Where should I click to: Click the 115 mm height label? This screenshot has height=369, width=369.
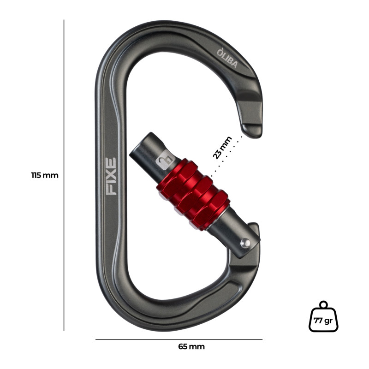pos(45,175)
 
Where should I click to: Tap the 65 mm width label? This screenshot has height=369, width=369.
pos(191,346)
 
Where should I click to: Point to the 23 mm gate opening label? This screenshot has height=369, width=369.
pos(222,148)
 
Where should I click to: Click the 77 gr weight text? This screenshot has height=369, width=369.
pos(323,321)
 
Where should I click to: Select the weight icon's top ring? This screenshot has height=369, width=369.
pos(324,304)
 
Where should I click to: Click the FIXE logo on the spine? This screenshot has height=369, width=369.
pos(111,176)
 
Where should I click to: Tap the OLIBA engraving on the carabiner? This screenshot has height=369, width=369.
pos(227,58)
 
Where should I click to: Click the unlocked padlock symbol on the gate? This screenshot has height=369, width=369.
pos(166,160)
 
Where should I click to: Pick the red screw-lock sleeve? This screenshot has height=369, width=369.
pos(193,194)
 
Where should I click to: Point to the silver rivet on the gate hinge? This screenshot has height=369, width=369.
pos(245,244)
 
